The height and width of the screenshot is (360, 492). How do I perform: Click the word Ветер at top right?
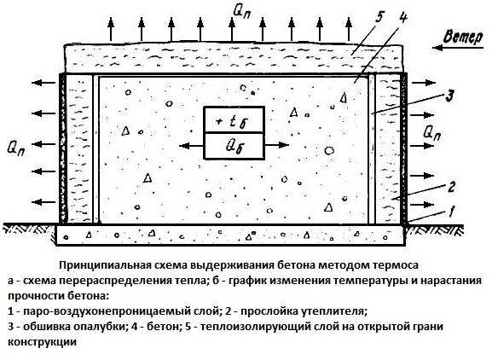(x=463, y=38)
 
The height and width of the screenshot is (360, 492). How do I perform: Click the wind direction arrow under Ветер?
(x=458, y=48)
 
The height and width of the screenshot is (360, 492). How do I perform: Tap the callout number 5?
(x=379, y=17)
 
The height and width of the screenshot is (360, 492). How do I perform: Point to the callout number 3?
(x=449, y=96)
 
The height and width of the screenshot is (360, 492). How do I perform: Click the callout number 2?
(x=450, y=188)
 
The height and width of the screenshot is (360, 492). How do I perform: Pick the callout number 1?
(x=451, y=212)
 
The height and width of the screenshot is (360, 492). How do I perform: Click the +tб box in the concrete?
(x=234, y=119)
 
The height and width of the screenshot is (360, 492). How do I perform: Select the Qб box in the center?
(x=234, y=146)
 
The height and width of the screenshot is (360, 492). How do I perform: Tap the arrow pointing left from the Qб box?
(x=191, y=146)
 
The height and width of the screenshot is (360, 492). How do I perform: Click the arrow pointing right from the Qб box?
(x=277, y=145)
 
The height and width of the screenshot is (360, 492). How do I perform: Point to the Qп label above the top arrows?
(x=242, y=13)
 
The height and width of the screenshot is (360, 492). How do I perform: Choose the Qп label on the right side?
(x=431, y=133)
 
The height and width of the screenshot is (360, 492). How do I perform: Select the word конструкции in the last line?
(x=42, y=342)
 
